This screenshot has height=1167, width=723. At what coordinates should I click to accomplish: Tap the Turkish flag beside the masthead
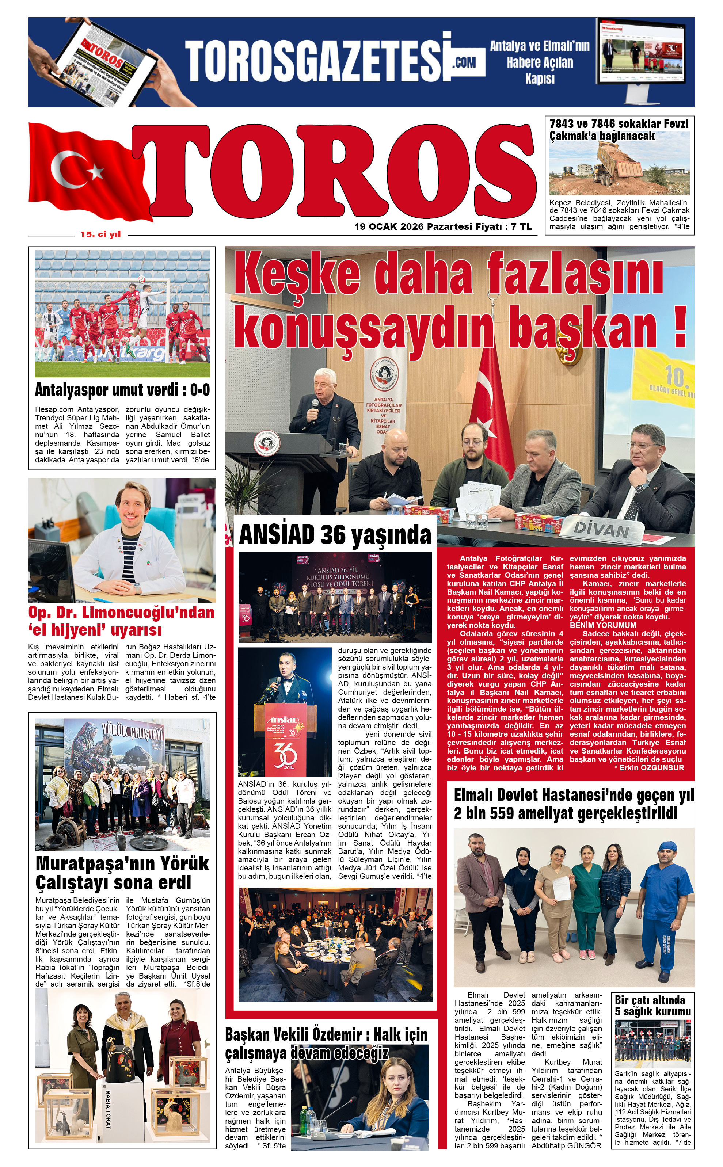(81, 172)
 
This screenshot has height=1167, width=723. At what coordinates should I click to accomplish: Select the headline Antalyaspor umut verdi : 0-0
(122, 390)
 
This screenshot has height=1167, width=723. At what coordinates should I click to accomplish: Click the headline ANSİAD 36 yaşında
(335, 534)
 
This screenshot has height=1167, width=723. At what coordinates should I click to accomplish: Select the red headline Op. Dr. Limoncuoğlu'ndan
(121, 613)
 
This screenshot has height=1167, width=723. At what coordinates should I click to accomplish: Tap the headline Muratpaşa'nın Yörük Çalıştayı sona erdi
(122, 873)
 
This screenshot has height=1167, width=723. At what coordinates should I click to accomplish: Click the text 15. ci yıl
(100, 234)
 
